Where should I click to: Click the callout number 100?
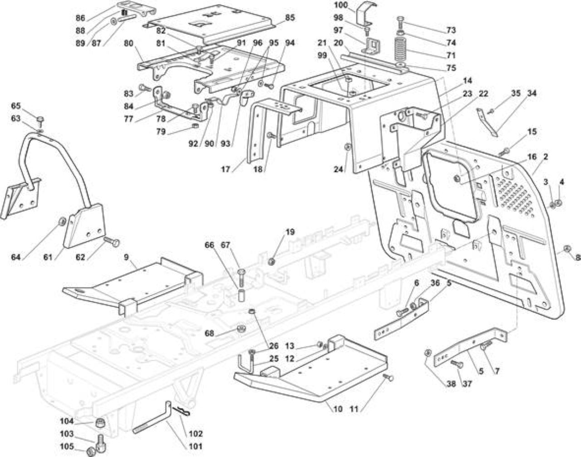341,5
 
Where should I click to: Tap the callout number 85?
290,18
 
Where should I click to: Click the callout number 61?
48,257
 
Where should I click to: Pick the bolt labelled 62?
112,241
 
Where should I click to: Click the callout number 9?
126,257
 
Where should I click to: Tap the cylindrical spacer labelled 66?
241,295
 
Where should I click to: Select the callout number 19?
290,232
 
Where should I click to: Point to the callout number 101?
196,446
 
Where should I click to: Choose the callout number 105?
67,447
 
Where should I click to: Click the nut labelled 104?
100,423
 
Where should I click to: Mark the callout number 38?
451,383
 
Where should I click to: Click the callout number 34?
532,93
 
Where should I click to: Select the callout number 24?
339,169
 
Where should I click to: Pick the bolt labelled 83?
145,88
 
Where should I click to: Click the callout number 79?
161,132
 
